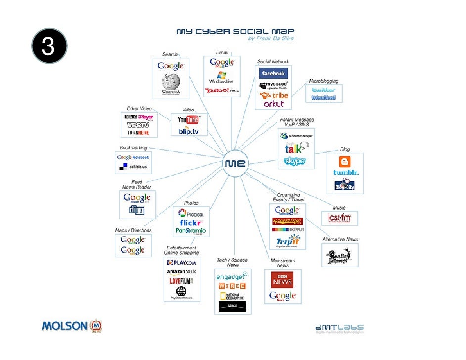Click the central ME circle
236,163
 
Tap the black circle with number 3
48,46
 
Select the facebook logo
274,73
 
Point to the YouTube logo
188,120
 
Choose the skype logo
295,161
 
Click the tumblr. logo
346,173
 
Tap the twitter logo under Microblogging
324,90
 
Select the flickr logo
190,223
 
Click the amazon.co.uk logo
182,272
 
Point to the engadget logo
233,277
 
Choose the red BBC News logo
282,282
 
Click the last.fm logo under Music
339,218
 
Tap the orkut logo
274,104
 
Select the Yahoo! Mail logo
222,90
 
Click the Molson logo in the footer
72,326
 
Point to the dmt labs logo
339,328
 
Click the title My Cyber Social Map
235,31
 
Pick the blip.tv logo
188,131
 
